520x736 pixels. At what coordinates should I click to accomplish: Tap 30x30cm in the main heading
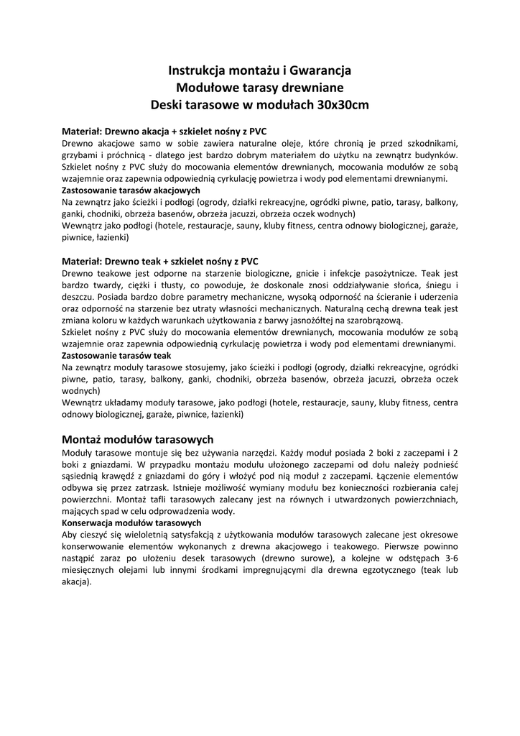click(x=343, y=105)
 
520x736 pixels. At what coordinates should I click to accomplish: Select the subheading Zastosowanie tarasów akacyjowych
click(x=131, y=190)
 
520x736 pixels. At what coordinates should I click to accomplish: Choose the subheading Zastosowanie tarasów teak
click(x=116, y=355)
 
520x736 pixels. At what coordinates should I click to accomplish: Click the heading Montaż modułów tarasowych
click(x=138, y=439)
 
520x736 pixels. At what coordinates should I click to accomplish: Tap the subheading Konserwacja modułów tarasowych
click(x=131, y=523)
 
